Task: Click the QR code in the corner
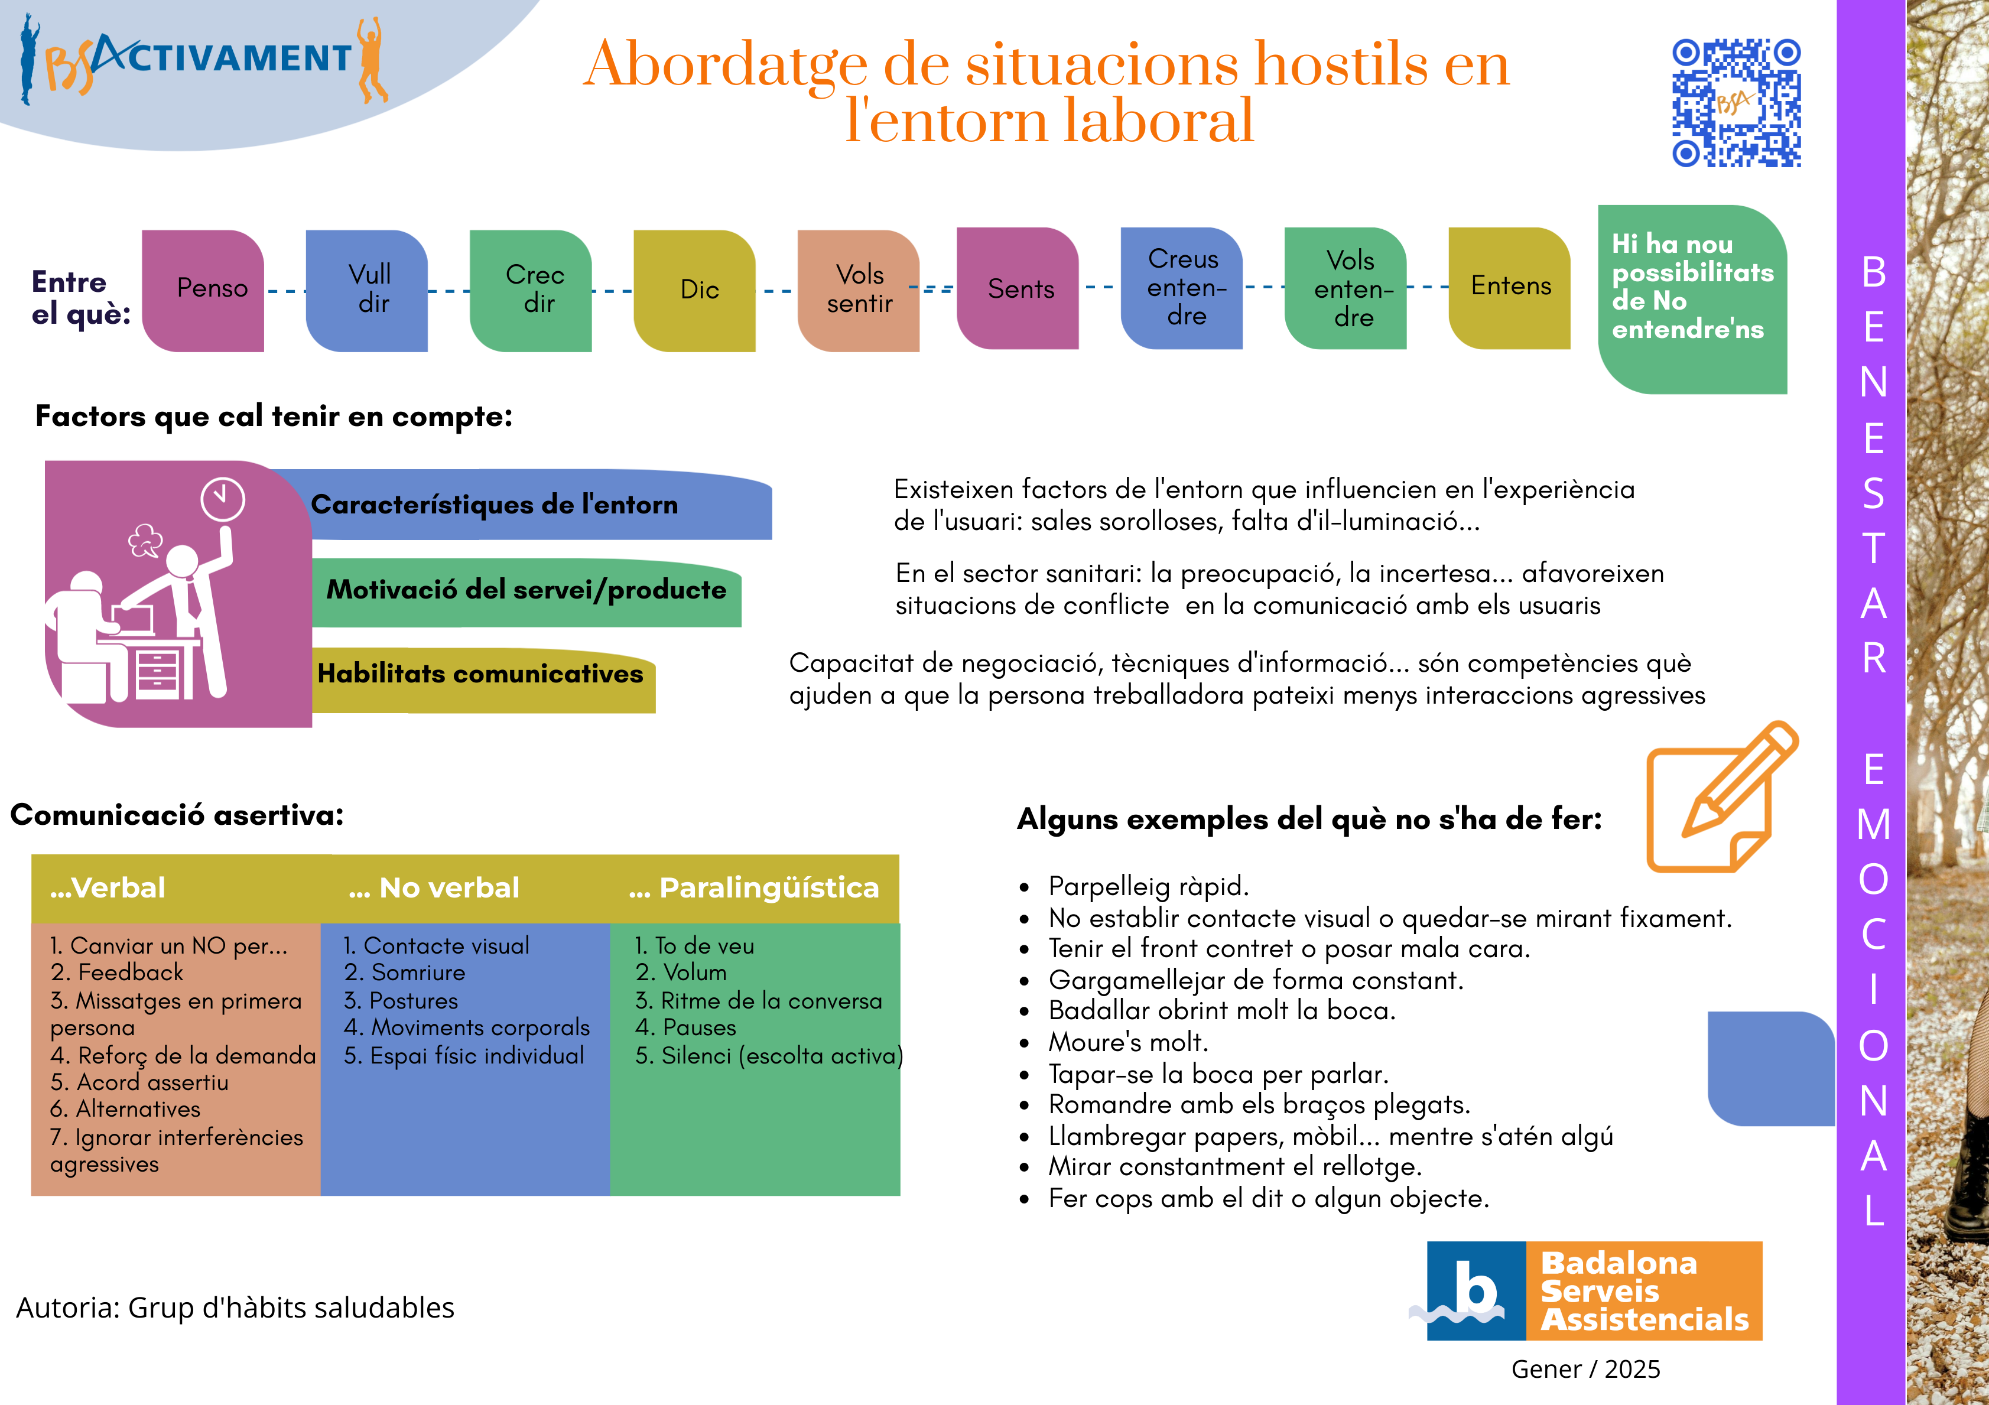pos(1736,102)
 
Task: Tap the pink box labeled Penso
pos(204,290)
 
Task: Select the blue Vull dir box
pos(368,290)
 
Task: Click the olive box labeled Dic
pos(695,290)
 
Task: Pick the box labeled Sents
pos(1019,288)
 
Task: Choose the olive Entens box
pos(1510,287)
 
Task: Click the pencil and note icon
pos(1720,797)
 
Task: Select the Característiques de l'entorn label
pos(494,505)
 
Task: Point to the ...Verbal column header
pos(108,888)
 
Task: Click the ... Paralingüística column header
pos(753,888)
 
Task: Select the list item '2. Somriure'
pos(405,973)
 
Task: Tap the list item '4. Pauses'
pos(685,1028)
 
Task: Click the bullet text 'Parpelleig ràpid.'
pos(1148,886)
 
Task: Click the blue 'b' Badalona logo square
pos(1476,1290)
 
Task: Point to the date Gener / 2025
pos(1585,1370)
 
